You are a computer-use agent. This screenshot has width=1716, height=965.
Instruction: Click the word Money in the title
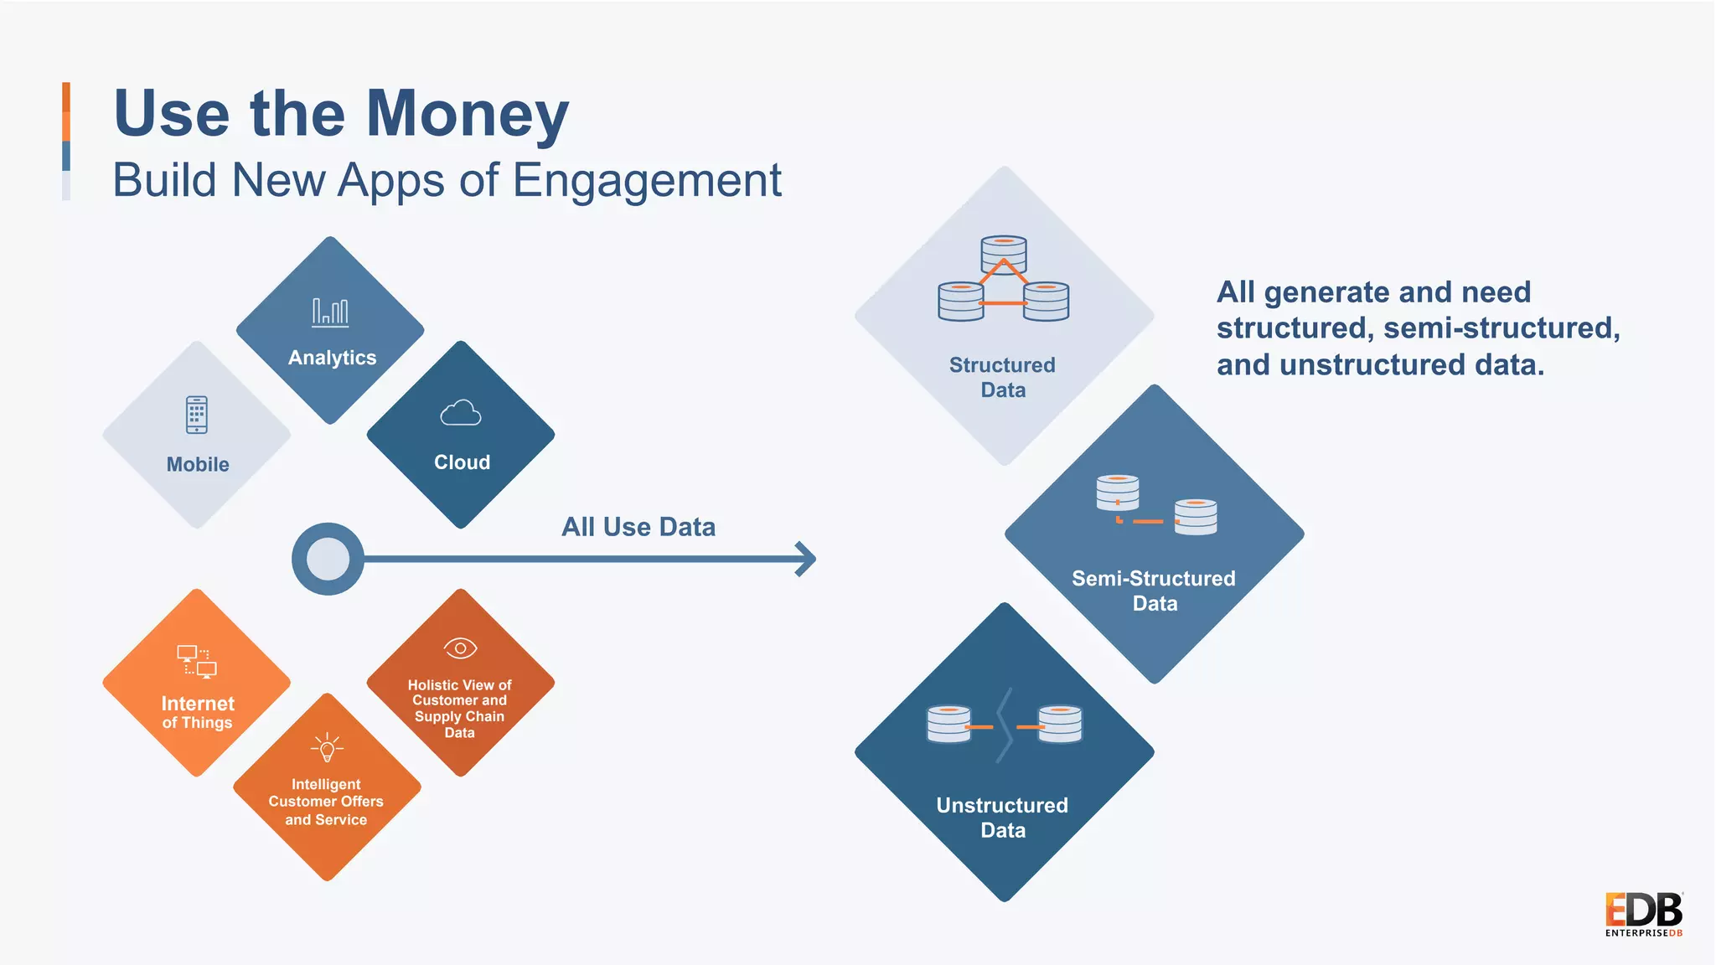[x=467, y=115]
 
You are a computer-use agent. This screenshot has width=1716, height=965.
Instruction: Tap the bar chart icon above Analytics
[x=330, y=312]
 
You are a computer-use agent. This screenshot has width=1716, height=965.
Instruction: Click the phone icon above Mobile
[x=197, y=415]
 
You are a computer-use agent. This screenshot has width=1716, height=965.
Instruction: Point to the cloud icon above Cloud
[x=460, y=413]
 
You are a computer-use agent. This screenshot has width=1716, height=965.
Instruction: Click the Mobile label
[x=198, y=465]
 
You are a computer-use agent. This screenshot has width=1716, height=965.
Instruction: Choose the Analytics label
[x=332, y=358]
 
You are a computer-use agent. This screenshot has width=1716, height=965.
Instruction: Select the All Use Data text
[x=638, y=527]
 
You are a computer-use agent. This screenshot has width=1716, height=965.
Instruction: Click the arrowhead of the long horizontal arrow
[x=806, y=559]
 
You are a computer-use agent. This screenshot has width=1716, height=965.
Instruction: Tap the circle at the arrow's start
[x=328, y=559]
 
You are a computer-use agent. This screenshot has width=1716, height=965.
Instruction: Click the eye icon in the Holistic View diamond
[x=460, y=648]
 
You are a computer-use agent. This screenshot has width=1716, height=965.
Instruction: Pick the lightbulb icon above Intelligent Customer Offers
[x=327, y=747]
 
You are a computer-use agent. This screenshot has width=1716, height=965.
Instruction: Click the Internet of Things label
[x=198, y=713]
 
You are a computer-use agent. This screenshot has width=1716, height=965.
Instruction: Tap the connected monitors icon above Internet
[x=197, y=661]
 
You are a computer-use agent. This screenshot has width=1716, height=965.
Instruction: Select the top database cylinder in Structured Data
[x=1003, y=254]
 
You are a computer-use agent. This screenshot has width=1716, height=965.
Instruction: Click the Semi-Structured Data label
[x=1154, y=591]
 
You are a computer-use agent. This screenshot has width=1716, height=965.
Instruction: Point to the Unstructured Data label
[x=1002, y=818]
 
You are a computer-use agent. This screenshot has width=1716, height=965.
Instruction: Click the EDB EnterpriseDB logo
[x=1643, y=915]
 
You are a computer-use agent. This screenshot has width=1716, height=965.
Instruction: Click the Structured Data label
[x=1002, y=378]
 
